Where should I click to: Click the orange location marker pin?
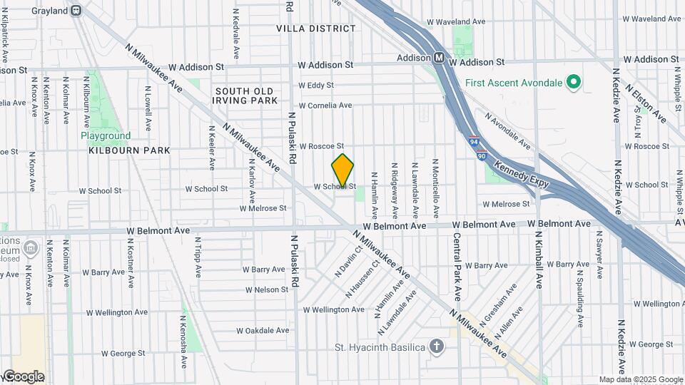pos(342,170)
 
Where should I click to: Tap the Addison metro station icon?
pos(440,57)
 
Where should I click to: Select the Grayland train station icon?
pos(76,11)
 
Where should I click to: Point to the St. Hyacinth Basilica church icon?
pos(437,348)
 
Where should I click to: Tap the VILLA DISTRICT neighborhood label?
pos(316,29)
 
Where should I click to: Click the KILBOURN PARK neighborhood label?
pos(130,150)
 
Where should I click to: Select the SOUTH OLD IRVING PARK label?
pos(245,96)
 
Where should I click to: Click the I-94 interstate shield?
pos(474,143)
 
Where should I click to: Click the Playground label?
pos(106,135)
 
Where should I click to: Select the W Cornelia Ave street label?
pos(325,106)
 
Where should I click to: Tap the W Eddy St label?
pos(316,86)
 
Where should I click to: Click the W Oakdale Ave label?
pos(262,331)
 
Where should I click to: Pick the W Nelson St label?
pos(266,289)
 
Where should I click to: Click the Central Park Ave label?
pos(456,265)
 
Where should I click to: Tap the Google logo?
pos(24,376)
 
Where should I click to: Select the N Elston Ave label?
pos(645,104)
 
